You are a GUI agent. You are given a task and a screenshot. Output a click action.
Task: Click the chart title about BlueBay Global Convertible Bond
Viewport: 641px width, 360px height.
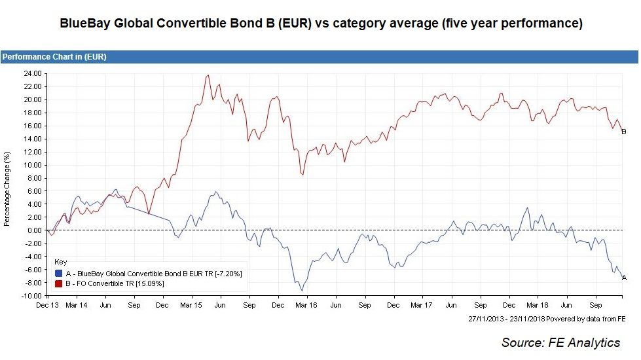click(321, 24)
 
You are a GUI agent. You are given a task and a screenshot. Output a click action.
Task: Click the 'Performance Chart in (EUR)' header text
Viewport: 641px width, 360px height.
click(54, 57)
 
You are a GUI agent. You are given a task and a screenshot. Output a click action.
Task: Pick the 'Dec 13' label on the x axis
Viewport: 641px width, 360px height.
click(48, 305)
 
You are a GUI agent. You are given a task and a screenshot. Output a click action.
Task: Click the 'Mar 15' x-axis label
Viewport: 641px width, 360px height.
click(191, 305)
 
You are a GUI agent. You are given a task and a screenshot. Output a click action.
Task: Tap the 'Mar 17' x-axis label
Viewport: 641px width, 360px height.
click(421, 305)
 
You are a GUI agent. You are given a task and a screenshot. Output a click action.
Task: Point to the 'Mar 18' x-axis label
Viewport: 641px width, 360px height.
click(537, 305)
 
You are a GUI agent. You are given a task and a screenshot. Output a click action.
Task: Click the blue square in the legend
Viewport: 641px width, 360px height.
click(59, 273)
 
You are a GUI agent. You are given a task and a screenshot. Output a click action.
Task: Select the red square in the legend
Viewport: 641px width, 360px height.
click(59, 283)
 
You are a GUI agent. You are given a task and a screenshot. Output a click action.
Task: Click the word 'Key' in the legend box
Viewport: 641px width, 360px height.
click(60, 261)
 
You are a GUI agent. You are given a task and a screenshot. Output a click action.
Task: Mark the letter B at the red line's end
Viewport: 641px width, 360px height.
click(623, 132)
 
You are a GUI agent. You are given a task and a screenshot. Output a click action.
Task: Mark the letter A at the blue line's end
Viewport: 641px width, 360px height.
click(623, 278)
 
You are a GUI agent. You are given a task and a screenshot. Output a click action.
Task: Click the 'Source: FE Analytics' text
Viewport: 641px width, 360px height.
click(560, 342)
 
